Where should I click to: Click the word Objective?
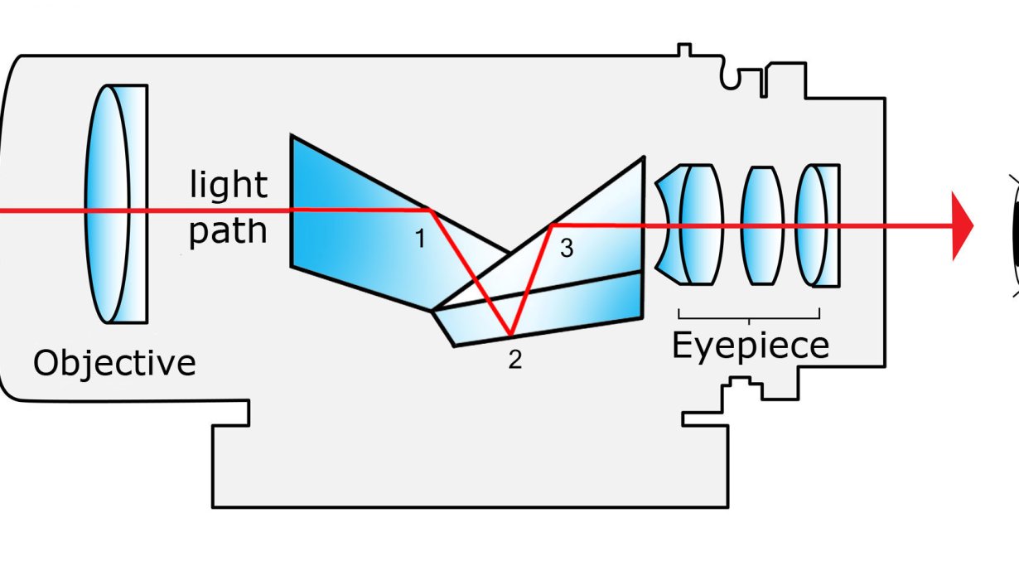point(114,363)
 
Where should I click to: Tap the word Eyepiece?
point(750,345)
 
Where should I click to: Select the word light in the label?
point(229,184)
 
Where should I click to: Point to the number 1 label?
point(419,239)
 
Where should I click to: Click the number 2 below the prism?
point(515,360)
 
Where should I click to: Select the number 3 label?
point(567,248)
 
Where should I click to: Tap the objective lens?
point(116,203)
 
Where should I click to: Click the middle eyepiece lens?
point(761,225)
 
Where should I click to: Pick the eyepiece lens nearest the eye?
point(817,225)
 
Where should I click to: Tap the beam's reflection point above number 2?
point(511,335)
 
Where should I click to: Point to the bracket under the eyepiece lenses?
point(749,315)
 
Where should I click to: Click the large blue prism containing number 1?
point(356,232)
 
